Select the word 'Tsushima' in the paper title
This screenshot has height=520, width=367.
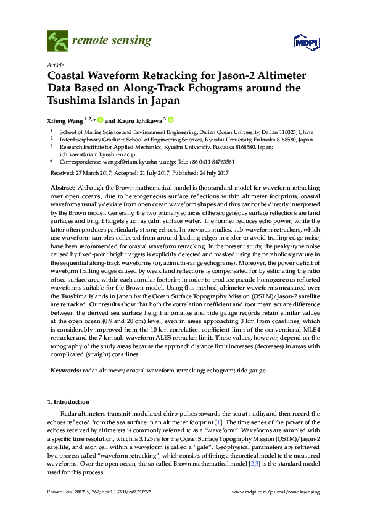coord(74,101)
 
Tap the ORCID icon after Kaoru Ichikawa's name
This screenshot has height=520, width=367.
coord(171,120)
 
